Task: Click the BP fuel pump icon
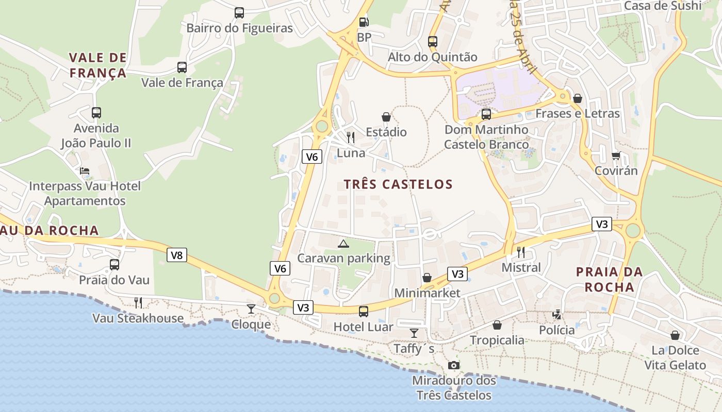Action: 364,22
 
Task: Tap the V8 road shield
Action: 176,255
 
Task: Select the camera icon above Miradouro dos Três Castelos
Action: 454,365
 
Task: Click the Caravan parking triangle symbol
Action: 343,244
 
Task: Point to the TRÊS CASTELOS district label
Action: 398,184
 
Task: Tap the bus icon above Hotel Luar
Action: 364,311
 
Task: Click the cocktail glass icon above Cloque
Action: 251,309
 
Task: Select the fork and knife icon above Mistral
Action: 521,252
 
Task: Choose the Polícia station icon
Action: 557,314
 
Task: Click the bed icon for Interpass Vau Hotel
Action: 85,170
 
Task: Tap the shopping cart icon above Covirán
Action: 616,156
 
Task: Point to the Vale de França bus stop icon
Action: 182,67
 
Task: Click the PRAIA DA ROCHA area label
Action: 610,279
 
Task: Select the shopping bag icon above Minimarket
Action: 427,278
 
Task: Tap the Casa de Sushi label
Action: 663,6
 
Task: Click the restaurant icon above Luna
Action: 351,137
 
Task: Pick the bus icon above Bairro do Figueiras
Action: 239,13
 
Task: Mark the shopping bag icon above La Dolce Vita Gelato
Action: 675,336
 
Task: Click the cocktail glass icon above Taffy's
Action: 414,333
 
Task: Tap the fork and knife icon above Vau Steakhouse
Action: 138,302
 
